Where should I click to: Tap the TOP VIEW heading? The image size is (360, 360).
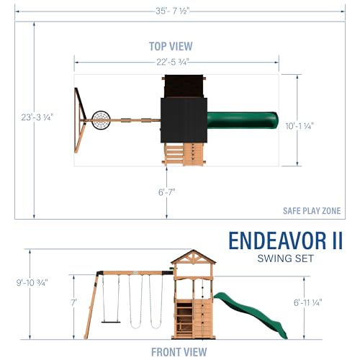click(x=171, y=45)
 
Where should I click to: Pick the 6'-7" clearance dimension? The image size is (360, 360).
click(x=166, y=192)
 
